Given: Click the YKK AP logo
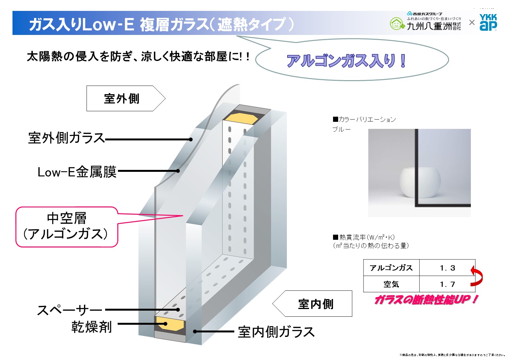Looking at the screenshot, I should point(488,22).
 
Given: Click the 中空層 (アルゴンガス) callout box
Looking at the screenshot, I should point(67,227).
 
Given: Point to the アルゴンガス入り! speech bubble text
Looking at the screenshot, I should point(346,61).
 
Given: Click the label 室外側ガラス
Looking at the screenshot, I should point(66,138).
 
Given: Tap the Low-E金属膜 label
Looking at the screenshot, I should point(77,172).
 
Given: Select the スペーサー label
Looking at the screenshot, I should point(70,310).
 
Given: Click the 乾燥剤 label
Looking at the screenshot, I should point(91,327).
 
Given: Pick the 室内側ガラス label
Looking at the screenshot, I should point(276,332).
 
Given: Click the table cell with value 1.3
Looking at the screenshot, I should point(447,268).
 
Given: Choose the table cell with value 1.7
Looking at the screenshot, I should point(447,284).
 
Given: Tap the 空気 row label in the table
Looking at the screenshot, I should point(391,284).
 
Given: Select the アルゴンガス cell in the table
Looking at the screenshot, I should point(391,268).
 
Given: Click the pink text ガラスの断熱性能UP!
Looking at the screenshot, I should point(426,300).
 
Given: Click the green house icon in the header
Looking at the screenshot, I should point(397,24).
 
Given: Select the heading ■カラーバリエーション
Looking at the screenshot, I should point(364,120).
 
